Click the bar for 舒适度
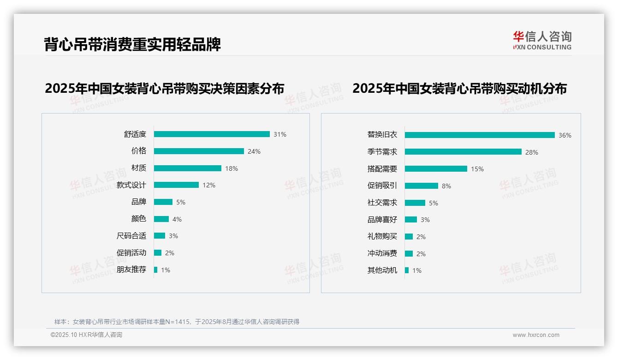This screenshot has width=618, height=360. pyautogui.click(x=212, y=134)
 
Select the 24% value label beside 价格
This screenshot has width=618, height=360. pyautogui.click(x=254, y=151)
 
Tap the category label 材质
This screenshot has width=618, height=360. pyautogui.click(x=139, y=168)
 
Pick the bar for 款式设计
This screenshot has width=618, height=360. pyautogui.click(x=176, y=185)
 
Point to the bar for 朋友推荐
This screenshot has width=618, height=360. pyautogui.click(x=156, y=270)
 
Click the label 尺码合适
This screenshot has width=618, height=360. pyautogui.click(x=131, y=236)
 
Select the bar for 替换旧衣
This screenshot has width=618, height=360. pyautogui.click(x=480, y=135)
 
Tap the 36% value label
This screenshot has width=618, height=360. pyautogui.click(x=565, y=135)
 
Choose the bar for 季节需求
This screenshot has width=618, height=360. pyautogui.click(x=463, y=152)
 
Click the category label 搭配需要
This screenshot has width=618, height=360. pyautogui.click(x=382, y=169)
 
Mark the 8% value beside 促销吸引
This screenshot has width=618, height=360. pyautogui.click(x=446, y=186)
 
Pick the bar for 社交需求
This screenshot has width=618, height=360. pyautogui.click(x=415, y=203)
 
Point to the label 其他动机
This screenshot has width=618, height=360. pyautogui.click(x=382, y=270)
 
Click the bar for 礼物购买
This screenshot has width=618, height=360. pyautogui.click(x=409, y=236)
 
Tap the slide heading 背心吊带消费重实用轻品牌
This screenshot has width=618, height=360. pyautogui.click(x=132, y=44)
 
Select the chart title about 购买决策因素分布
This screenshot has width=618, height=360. pyautogui.click(x=165, y=89)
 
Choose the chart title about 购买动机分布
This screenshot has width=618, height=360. pyautogui.click(x=459, y=89)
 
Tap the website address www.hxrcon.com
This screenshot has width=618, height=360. pyautogui.click(x=536, y=335)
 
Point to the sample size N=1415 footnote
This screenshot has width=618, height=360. pyautogui.click(x=177, y=322)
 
